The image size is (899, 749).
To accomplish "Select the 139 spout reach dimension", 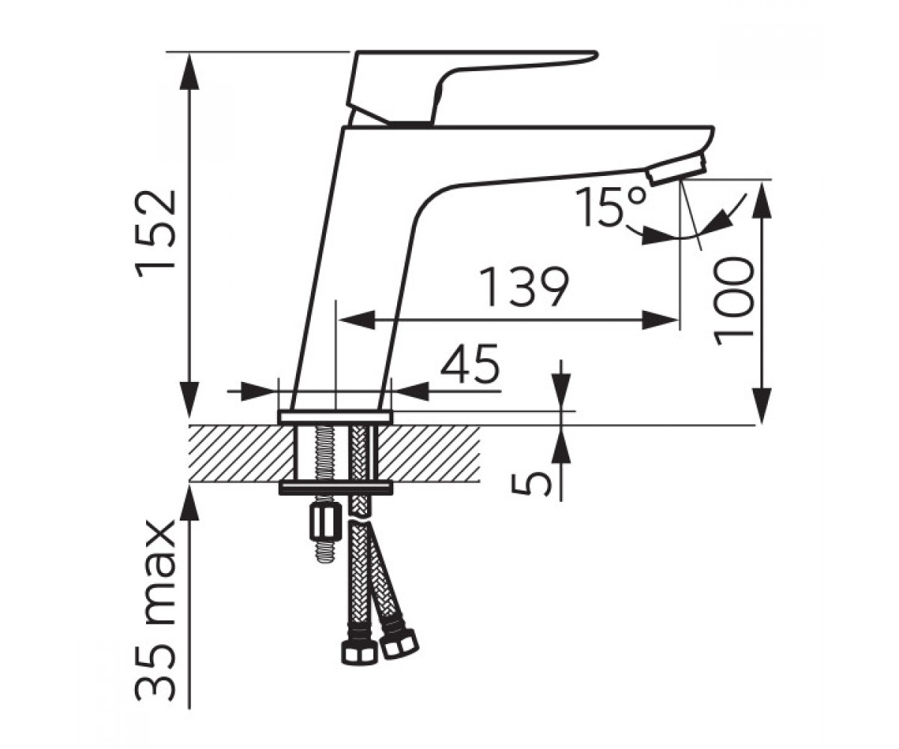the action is [x=524, y=286].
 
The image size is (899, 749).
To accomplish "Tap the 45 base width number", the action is [x=470, y=364].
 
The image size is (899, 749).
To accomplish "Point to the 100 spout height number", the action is [x=733, y=302].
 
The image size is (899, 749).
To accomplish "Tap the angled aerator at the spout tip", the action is [x=676, y=171].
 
